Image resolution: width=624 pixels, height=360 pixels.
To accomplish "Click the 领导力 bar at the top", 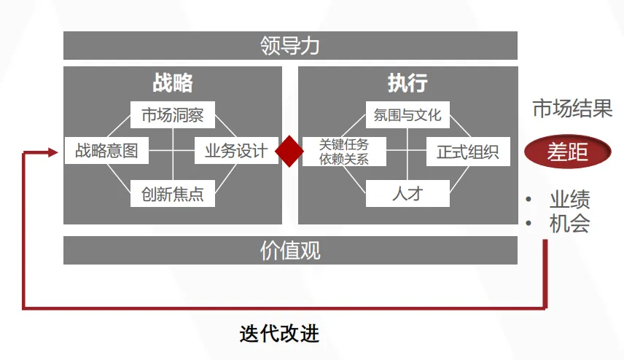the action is coord(290,46).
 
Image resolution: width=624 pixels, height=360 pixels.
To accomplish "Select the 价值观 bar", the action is coord(290,251).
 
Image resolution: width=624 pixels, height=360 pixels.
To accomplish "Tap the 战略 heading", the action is coord(173,83).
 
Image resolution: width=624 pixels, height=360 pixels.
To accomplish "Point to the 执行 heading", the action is coord(407,83).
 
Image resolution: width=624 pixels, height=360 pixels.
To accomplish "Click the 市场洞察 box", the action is coord(173,115).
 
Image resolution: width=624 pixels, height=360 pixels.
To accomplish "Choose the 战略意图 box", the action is coord(106,152).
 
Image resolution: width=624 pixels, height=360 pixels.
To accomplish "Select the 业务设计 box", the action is coord(236,152).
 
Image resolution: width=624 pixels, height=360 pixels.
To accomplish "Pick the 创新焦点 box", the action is coord(173,194).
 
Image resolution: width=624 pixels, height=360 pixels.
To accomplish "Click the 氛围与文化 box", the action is coord(407,115).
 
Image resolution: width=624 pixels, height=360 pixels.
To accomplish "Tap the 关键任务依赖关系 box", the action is coord(344,152).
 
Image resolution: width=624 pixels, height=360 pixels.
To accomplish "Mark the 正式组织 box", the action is coord(468,152).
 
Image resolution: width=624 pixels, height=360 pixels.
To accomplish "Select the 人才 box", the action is coord(407,194).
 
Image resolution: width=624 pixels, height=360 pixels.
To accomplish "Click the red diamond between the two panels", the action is coord(289,152).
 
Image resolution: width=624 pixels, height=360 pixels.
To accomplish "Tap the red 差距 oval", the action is coord(568,152).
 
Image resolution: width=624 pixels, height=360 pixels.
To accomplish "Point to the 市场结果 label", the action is coord(572,109).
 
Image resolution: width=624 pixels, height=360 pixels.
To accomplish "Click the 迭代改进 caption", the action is coord(279,334).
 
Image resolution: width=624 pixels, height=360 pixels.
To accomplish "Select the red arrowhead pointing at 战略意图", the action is coord(53,152).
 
